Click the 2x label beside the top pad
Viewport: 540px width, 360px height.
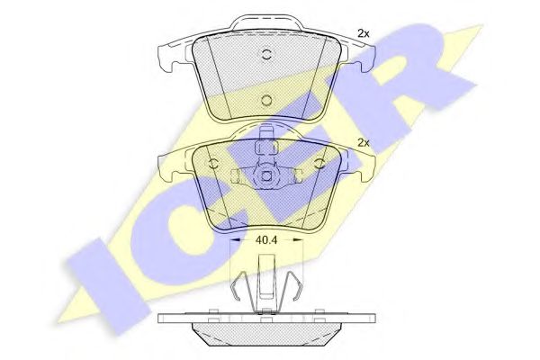(x=364, y=34)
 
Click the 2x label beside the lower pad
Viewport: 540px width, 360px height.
(x=364, y=142)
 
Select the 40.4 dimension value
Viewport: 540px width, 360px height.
(x=266, y=240)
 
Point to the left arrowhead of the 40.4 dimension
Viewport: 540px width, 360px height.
(x=234, y=240)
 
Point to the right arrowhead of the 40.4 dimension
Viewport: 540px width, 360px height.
(x=298, y=240)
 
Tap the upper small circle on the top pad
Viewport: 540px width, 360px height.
(x=266, y=54)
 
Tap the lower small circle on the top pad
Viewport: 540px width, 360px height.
(x=266, y=100)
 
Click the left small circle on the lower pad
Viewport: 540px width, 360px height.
(x=213, y=164)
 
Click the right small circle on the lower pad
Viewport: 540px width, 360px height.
(x=319, y=164)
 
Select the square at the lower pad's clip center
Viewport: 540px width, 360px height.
(x=266, y=176)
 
